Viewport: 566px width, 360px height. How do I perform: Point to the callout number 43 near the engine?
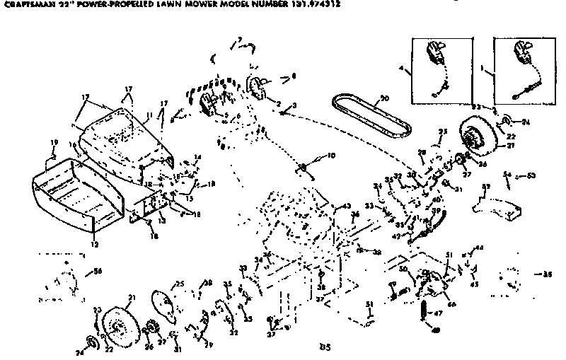(x=345, y=206)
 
